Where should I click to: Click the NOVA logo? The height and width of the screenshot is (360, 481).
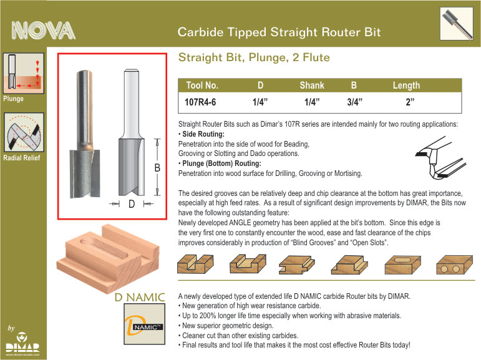pos(43,31)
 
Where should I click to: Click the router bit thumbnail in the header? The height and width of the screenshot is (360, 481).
pos(457,24)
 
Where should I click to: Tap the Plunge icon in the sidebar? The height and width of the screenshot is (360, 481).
pos(24,73)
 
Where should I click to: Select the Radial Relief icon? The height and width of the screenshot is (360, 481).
pos(24,132)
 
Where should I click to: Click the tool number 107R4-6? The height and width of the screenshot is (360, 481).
pos(200,102)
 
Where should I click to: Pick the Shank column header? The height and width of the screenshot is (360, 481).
pos(312,85)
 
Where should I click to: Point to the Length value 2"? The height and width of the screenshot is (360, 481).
pos(410,102)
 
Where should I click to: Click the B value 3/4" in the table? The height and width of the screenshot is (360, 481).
pos(354,102)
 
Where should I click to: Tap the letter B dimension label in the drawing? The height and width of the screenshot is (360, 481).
pos(157,168)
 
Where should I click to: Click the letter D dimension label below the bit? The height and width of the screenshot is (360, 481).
pos(132,203)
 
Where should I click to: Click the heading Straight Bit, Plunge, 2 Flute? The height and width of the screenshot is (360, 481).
pos(254,57)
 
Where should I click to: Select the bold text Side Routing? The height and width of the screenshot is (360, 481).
pos(203,134)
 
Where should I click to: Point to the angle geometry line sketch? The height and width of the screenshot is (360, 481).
pos(441,158)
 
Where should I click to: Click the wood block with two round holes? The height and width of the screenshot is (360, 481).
pos(454,265)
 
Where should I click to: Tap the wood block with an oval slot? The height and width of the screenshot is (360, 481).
pos(403,265)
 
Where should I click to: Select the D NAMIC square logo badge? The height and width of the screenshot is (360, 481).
pos(145,324)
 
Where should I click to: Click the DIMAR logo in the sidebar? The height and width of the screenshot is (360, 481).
pos(22,343)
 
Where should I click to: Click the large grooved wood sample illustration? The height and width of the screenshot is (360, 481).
pos(108,258)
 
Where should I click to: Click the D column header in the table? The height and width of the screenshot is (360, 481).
pos(260,85)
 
